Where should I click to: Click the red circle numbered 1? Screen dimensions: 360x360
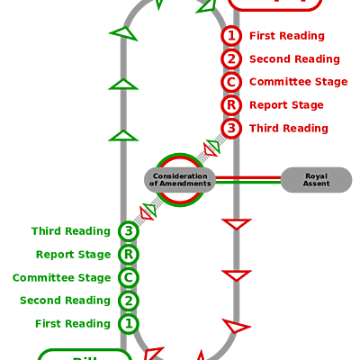(x=231, y=36)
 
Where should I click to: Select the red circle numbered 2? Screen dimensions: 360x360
(x=231, y=59)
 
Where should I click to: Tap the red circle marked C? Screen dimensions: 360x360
(x=231, y=82)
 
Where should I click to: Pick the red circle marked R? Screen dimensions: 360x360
(x=231, y=105)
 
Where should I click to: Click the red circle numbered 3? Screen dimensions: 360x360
(x=231, y=129)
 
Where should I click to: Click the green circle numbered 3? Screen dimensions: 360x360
(x=129, y=231)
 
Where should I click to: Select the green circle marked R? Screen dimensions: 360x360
(x=129, y=255)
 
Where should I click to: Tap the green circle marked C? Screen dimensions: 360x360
(x=129, y=278)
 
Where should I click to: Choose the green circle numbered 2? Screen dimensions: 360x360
(x=129, y=301)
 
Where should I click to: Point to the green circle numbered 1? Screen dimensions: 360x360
(x=129, y=324)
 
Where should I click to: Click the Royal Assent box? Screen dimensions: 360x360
(x=316, y=180)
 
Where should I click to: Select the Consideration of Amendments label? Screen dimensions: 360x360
(x=181, y=180)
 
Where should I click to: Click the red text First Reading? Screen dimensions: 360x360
(x=286, y=36)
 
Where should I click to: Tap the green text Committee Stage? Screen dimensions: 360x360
(x=61, y=278)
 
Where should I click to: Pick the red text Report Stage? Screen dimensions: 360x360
(x=286, y=105)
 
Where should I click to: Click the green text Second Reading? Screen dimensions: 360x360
(x=65, y=301)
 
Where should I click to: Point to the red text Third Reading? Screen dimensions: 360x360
(x=288, y=129)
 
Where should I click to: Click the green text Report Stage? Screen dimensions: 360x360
(x=73, y=255)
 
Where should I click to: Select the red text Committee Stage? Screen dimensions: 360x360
(x=298, y=82)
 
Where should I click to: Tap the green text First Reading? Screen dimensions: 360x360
(x=73, y=324)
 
